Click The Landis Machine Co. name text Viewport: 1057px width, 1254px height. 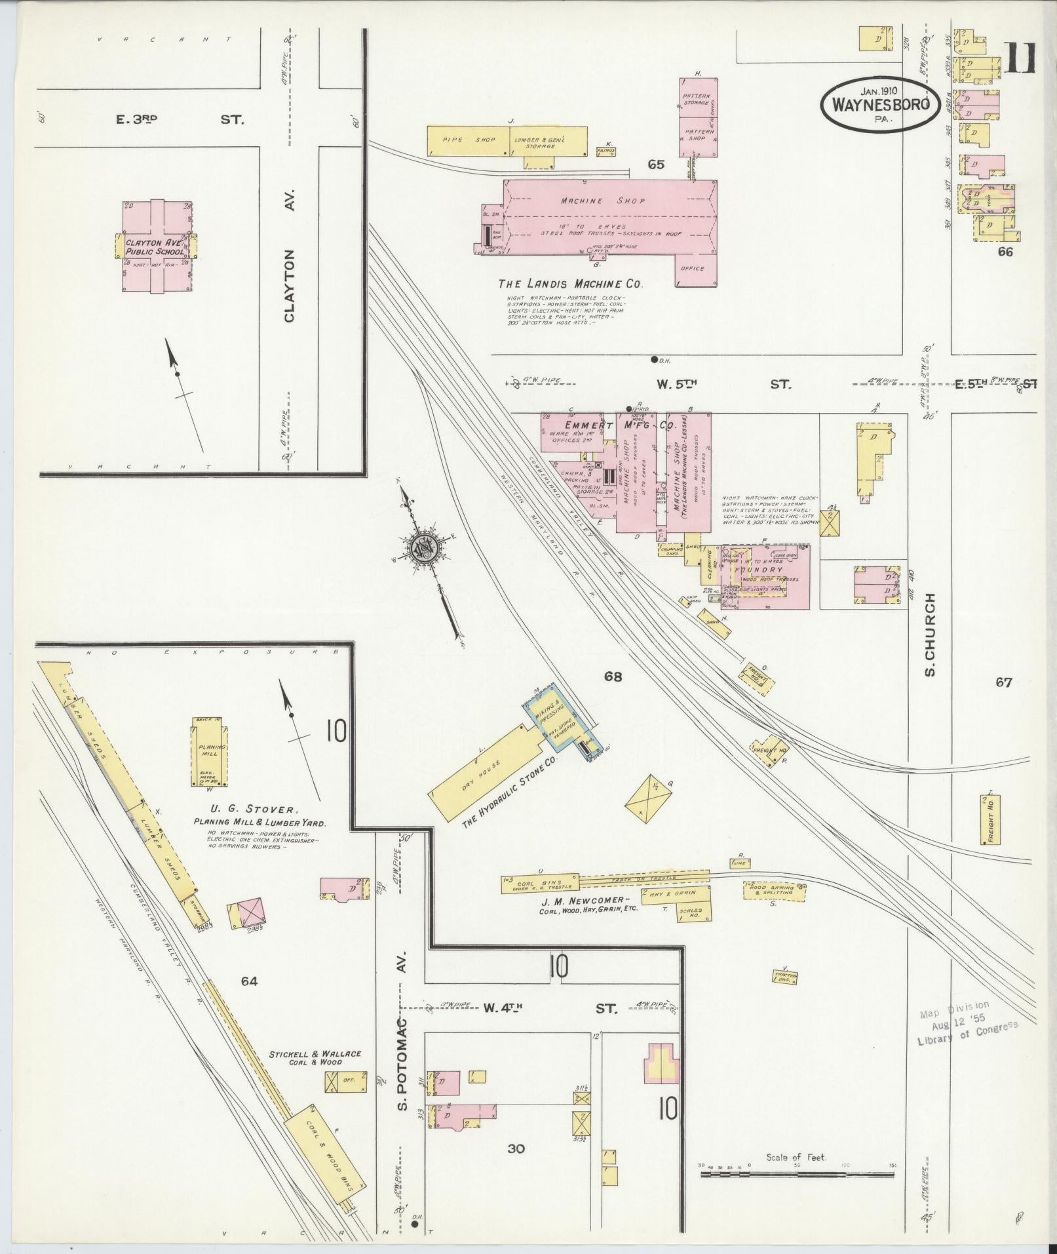570,284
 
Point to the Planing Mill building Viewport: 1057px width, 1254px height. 210,752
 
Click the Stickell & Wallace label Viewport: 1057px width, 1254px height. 315,1054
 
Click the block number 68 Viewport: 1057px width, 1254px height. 613,676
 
